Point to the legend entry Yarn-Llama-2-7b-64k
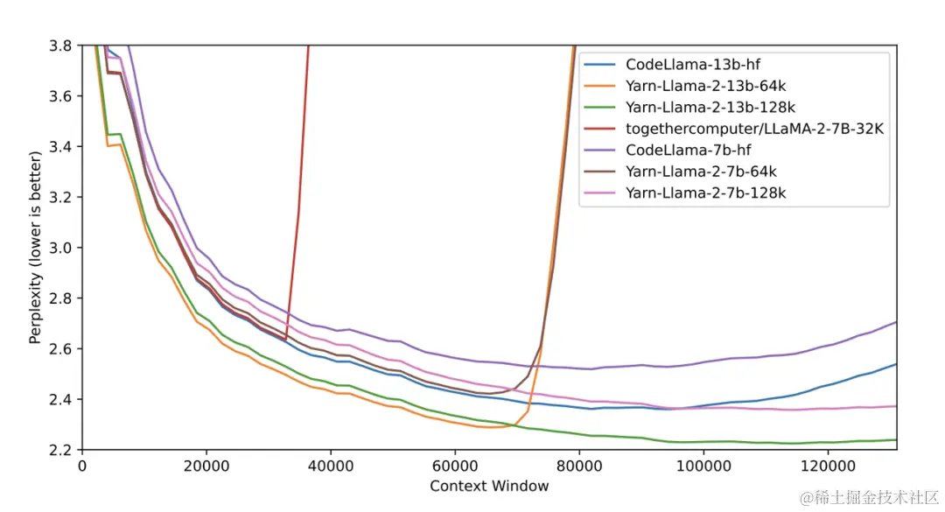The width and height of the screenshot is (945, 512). coord(700,172)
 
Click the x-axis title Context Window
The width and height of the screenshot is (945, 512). coord(489,487)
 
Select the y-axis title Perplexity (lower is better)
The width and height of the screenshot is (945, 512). coord(36,248)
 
